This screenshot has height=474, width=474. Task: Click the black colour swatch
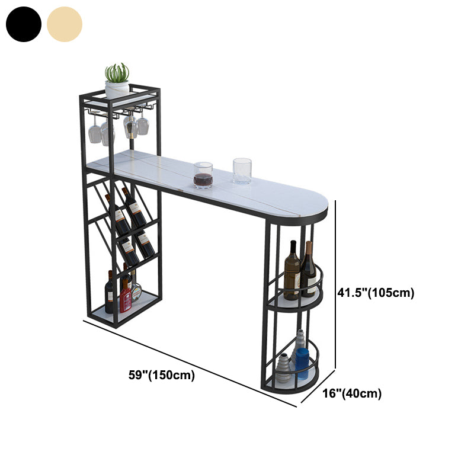click(x=24, y=24)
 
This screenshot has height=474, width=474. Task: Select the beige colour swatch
click(x=65, y=24)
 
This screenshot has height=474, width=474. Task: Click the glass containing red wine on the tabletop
click(x=203, y=175)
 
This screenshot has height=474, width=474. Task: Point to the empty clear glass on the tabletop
click(x=242, y=171)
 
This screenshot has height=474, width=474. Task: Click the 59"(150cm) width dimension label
click(x=162, y=375)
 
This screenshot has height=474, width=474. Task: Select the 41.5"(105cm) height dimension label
click(x=376, y=293)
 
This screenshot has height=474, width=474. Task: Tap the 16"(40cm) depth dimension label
click(x=352, y=393)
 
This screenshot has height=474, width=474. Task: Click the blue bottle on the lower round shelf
click(x=302, y=363)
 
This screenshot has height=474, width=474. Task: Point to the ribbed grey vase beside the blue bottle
click(x=284, y=367)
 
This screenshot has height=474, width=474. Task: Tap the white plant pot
click(x=117, y=89)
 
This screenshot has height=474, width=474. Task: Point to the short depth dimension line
click(x=318, y=386)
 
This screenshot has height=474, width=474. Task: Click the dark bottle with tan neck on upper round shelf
click(x=309, y=269)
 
